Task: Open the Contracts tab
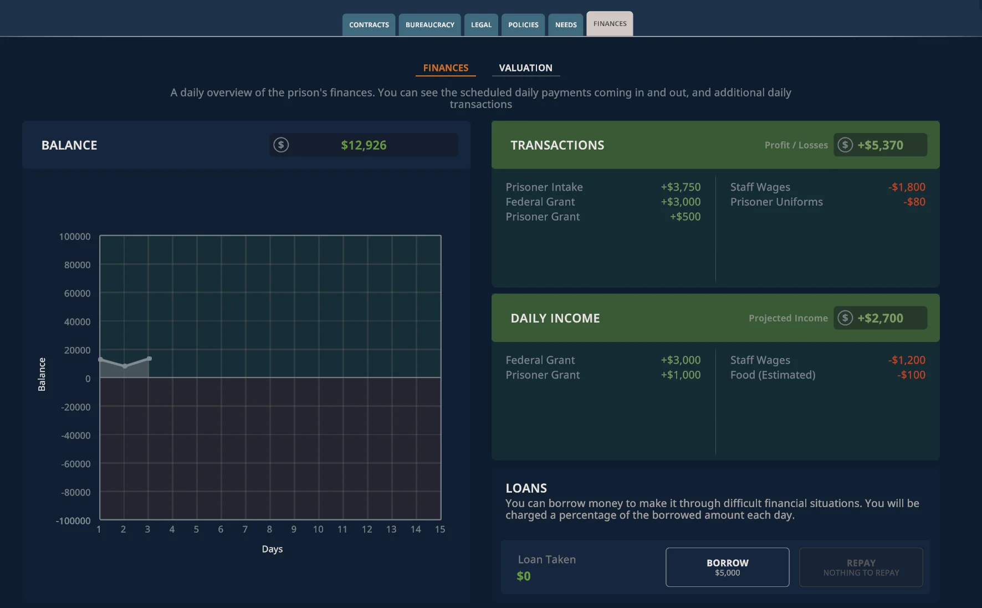pos(369,25)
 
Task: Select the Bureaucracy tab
pos(429,25)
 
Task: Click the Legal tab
pos(481,25)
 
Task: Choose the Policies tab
pos(523,25)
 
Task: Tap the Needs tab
pos(566,25)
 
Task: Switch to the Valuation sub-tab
pos(525,68)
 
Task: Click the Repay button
pos(861,567)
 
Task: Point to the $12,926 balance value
pos(364,145)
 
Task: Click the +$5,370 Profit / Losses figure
pos(880,145)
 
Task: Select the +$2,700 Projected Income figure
pos(880,318)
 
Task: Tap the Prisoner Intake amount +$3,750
pos(681,187)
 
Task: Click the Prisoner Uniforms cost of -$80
pos(914,202)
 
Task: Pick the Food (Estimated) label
pos(773,375)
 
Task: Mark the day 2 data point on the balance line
pos(125,366)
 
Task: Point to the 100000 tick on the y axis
pos(75,237)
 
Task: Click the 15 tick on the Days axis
pos(440,529)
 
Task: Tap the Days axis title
pos(272,549)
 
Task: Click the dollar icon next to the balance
pos(281,145)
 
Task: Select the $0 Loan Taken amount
pos(524,576)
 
